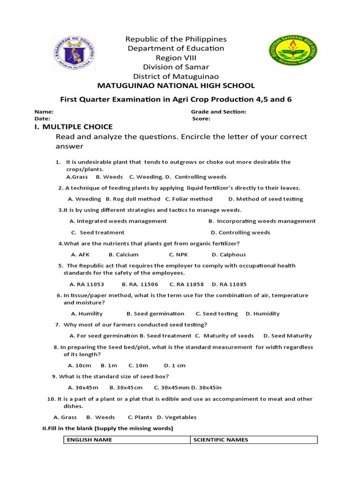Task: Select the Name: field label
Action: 44,112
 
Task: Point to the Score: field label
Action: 201,119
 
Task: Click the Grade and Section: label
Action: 218,112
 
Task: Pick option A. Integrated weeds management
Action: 118,221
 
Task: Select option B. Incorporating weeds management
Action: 262,221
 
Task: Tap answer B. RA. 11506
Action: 140,284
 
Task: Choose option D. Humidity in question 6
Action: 262,314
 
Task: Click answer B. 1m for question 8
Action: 109,365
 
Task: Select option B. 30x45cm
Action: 126,388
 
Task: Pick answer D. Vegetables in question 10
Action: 177,417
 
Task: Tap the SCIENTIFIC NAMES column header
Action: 221,440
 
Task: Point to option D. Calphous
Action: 229,255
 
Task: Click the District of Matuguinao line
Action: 176,76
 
